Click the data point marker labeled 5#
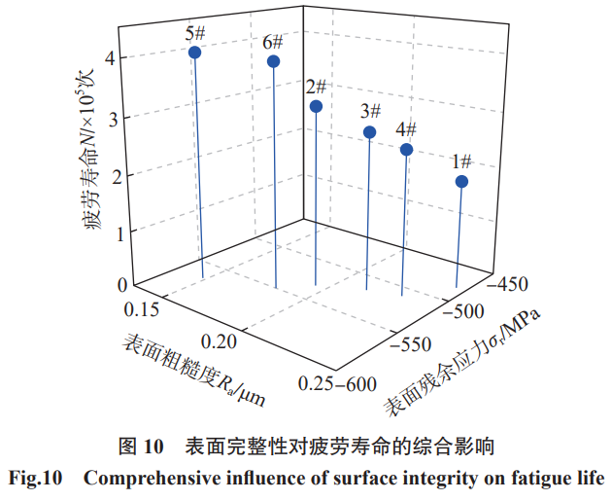pyautogui.click(x=195, y=53)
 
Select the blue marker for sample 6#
pyautogui.click(x=274, y=61)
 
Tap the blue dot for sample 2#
pyautogui.click(x=316, y=106)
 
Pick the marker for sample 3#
pyautogui.click(x=370, y=132)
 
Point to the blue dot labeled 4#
pyautogui.click(x=406, y=150)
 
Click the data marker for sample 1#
pyautogui.click(x=462, y=182)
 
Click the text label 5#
pyautogui.click(x=195, y=32)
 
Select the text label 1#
pyautogui.click(x=461, y=161)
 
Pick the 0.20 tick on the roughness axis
pyautogui.click(x=221, y=342)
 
